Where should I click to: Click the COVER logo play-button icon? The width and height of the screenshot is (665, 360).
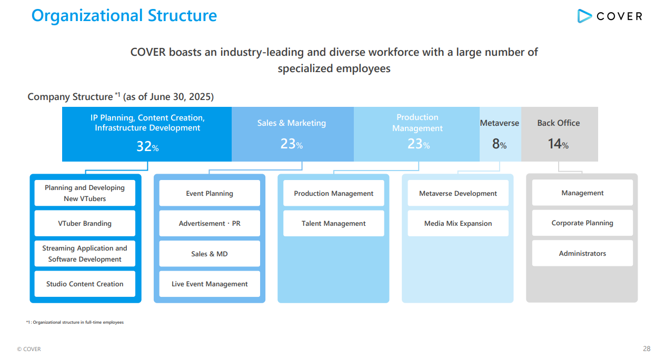point(584,16)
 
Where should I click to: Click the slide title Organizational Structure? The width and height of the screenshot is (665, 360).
point(124,15)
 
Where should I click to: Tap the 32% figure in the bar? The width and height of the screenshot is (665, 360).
point(147,146)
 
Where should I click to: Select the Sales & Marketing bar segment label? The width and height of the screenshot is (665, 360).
point(292,123)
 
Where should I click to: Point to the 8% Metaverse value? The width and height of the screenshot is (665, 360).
point(499,144)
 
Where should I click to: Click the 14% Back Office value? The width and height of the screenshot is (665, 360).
point(558,144)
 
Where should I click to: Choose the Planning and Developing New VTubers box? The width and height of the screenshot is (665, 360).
point(85,193)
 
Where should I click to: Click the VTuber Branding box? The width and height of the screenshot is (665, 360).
point(85,223)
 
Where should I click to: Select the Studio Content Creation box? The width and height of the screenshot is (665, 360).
point(85,284)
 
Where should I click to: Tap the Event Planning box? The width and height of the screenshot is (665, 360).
point(210,193)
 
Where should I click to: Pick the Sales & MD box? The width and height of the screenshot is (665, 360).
point(210,254)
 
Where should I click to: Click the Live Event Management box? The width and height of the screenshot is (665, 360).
point(210,284)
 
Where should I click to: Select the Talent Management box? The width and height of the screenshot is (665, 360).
point(334,223)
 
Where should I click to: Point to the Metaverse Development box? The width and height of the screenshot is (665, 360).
point(458,193)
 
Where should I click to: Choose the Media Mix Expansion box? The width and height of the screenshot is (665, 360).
point(458,223)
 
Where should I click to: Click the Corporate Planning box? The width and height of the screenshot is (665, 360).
point(582,223)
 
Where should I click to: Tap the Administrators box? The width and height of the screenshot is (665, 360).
point(582,253)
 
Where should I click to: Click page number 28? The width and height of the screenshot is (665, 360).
point(647,348)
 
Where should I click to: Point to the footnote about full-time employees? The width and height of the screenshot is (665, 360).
point(75,322)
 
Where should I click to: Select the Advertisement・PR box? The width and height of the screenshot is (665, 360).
point(210,223)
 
